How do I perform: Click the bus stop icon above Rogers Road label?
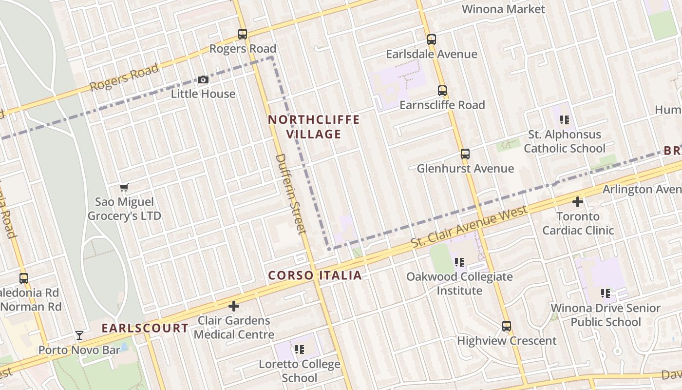click(243, 34)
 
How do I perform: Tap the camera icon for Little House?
click(203, 79)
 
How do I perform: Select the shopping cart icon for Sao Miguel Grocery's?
click(124, 188)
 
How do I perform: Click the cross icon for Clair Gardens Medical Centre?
click(234, 306)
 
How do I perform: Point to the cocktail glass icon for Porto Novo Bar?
click(79, 335)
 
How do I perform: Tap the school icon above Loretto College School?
click(300, 349)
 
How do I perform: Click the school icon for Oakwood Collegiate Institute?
click(459, 262)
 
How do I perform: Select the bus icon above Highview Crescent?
click(507, 326)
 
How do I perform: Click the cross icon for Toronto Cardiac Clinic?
click(578, 201)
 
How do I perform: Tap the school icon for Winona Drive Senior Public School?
click(606, 293)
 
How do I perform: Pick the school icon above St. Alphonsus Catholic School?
click(565, 119)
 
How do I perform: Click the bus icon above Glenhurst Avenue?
click(465, 154)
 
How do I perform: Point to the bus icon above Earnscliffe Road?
click(442, 91)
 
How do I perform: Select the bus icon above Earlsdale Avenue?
click(432, 39)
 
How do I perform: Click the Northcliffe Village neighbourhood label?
click(314, 127)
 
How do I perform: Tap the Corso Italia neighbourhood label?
click(315, 275)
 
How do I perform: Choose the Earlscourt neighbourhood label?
click(145, 328)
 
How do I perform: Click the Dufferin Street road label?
click(290, 193)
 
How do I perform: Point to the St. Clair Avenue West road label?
click(469, 226)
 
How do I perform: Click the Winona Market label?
click(503, 9)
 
